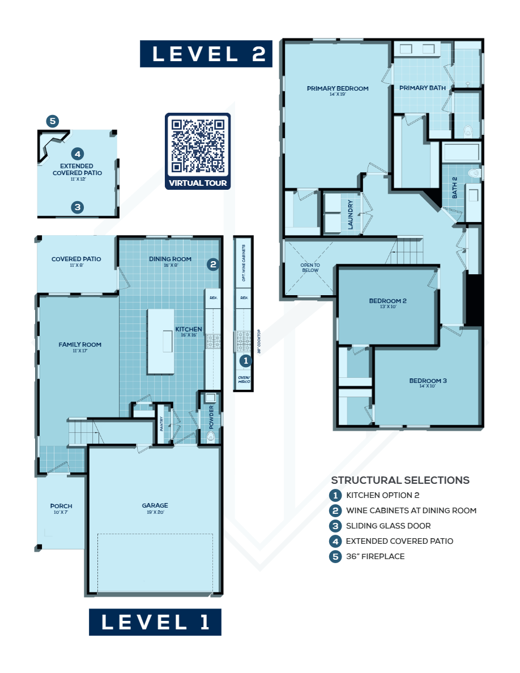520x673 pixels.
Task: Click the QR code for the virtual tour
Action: tap(198, 146)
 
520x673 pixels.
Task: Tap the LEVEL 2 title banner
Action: tap(206, 54)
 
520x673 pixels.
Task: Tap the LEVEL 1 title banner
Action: tap(155, 622)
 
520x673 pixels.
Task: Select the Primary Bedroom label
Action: tap(338, 89)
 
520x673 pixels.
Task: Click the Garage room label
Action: tap(155, 506)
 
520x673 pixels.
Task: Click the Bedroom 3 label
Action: tap(428, 381)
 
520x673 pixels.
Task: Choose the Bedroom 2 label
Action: tap(388, 301)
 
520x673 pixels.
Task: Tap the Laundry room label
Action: tap(351, 214)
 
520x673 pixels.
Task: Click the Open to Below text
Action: tap(310, 267)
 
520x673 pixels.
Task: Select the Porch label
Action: tap(61, 506)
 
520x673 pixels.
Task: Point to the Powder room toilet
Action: tap(211, 436)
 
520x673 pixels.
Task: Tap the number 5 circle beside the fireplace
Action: tap(53, 121)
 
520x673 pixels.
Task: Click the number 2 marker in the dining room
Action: tap(213, 263)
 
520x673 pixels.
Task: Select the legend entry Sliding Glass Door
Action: tap(388, 526)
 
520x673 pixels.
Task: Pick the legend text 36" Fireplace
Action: tap(375, 556)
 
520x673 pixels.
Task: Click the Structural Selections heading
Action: tap(400, 480)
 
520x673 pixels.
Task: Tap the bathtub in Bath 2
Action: tap(461, 151)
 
